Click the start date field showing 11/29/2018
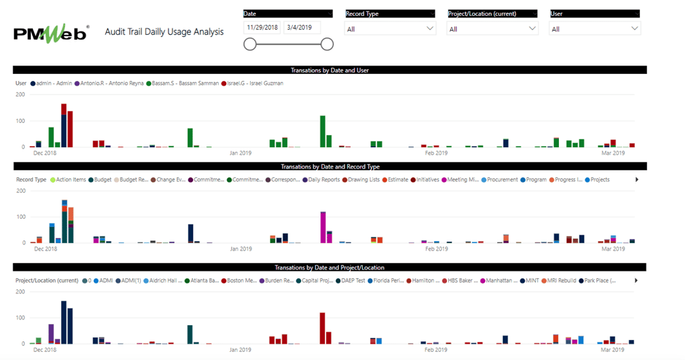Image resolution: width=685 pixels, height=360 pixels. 262,28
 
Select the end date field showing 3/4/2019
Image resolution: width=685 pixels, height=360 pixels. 302,28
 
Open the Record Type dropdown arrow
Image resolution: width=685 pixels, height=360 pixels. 430,28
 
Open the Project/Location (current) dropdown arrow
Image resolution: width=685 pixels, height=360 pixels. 532,28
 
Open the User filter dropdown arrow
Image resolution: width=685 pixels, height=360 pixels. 634,28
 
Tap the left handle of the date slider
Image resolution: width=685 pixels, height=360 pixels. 250,44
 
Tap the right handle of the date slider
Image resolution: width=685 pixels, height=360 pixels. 327,44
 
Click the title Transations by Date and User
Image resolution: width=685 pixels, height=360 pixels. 329,70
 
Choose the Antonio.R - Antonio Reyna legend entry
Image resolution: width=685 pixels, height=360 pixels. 110,84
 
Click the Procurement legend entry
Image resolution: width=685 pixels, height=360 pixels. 500,180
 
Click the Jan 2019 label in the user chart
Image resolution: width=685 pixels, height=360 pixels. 241,153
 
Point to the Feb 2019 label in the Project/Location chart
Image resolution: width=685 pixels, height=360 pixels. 436,350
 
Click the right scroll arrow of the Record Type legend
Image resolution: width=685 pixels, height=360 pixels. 637,180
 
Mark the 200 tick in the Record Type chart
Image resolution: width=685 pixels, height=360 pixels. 21,191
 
